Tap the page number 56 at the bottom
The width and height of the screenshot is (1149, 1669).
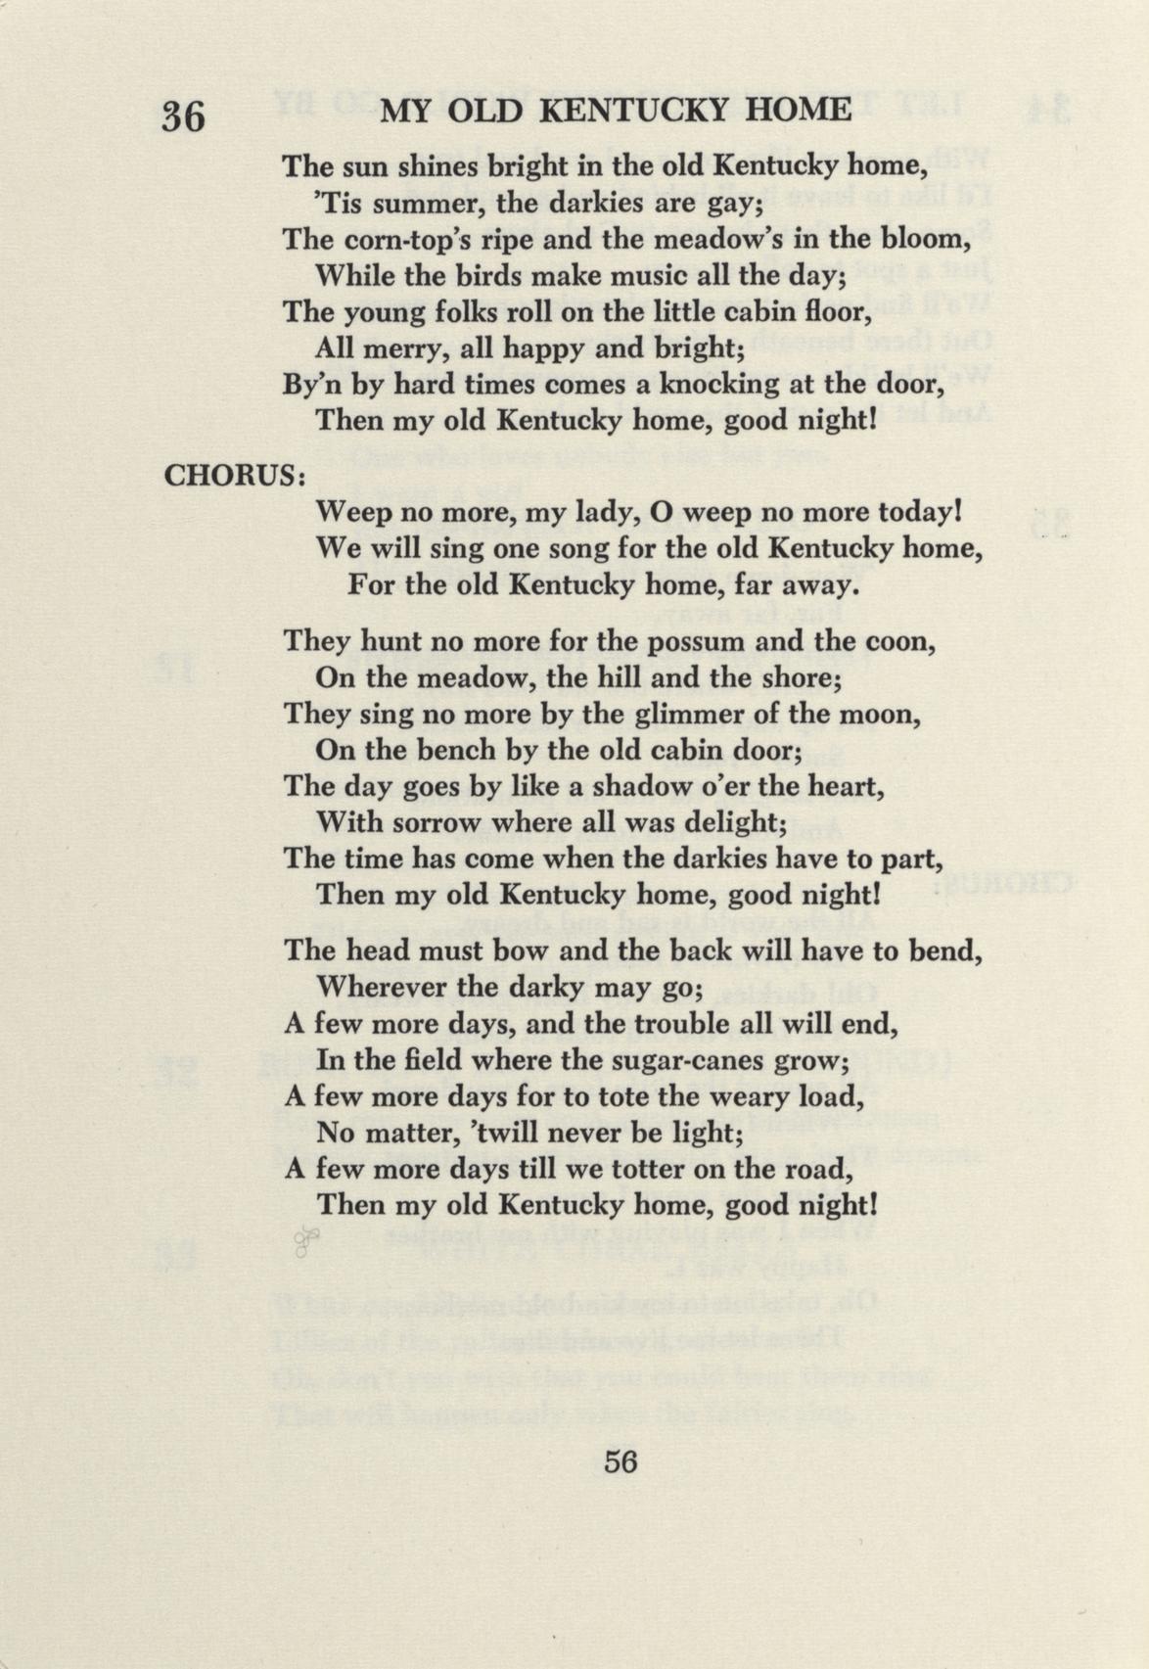tap(620, 1461)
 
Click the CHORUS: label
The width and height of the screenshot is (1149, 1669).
tap(236, 476)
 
